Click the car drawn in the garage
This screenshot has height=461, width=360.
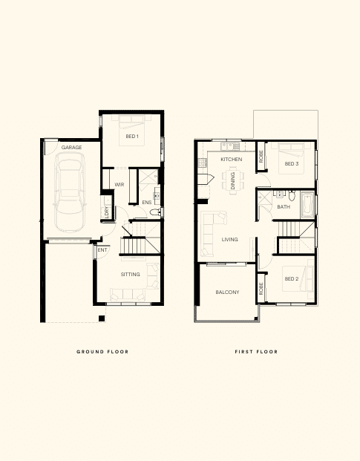[70, 192]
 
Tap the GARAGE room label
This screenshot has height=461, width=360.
[72, 147]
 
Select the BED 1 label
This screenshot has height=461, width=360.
[132, 137]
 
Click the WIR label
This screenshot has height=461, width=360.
[120, 185]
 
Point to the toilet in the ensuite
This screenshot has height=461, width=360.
[155, 212]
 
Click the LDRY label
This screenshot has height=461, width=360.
[106, 212]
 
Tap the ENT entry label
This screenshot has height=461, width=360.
[102, 250]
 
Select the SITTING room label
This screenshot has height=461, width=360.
[130, 275]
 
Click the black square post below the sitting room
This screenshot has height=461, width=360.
[102, 318]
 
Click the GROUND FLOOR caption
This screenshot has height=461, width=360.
[102, 352]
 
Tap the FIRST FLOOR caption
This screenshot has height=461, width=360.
[256, 352]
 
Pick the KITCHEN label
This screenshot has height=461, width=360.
[232, 160]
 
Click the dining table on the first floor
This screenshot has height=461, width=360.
[233, 181]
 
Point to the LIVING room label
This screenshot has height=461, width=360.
[229, 240]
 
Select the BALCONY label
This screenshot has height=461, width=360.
[227, 292]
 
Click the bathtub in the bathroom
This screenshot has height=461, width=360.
[308, 205]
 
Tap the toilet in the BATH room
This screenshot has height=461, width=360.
[292, 195]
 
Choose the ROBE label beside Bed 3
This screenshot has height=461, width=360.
[261, 157]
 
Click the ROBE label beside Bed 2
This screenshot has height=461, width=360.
[261, 289]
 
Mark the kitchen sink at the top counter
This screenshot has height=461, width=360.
[227, 146]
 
